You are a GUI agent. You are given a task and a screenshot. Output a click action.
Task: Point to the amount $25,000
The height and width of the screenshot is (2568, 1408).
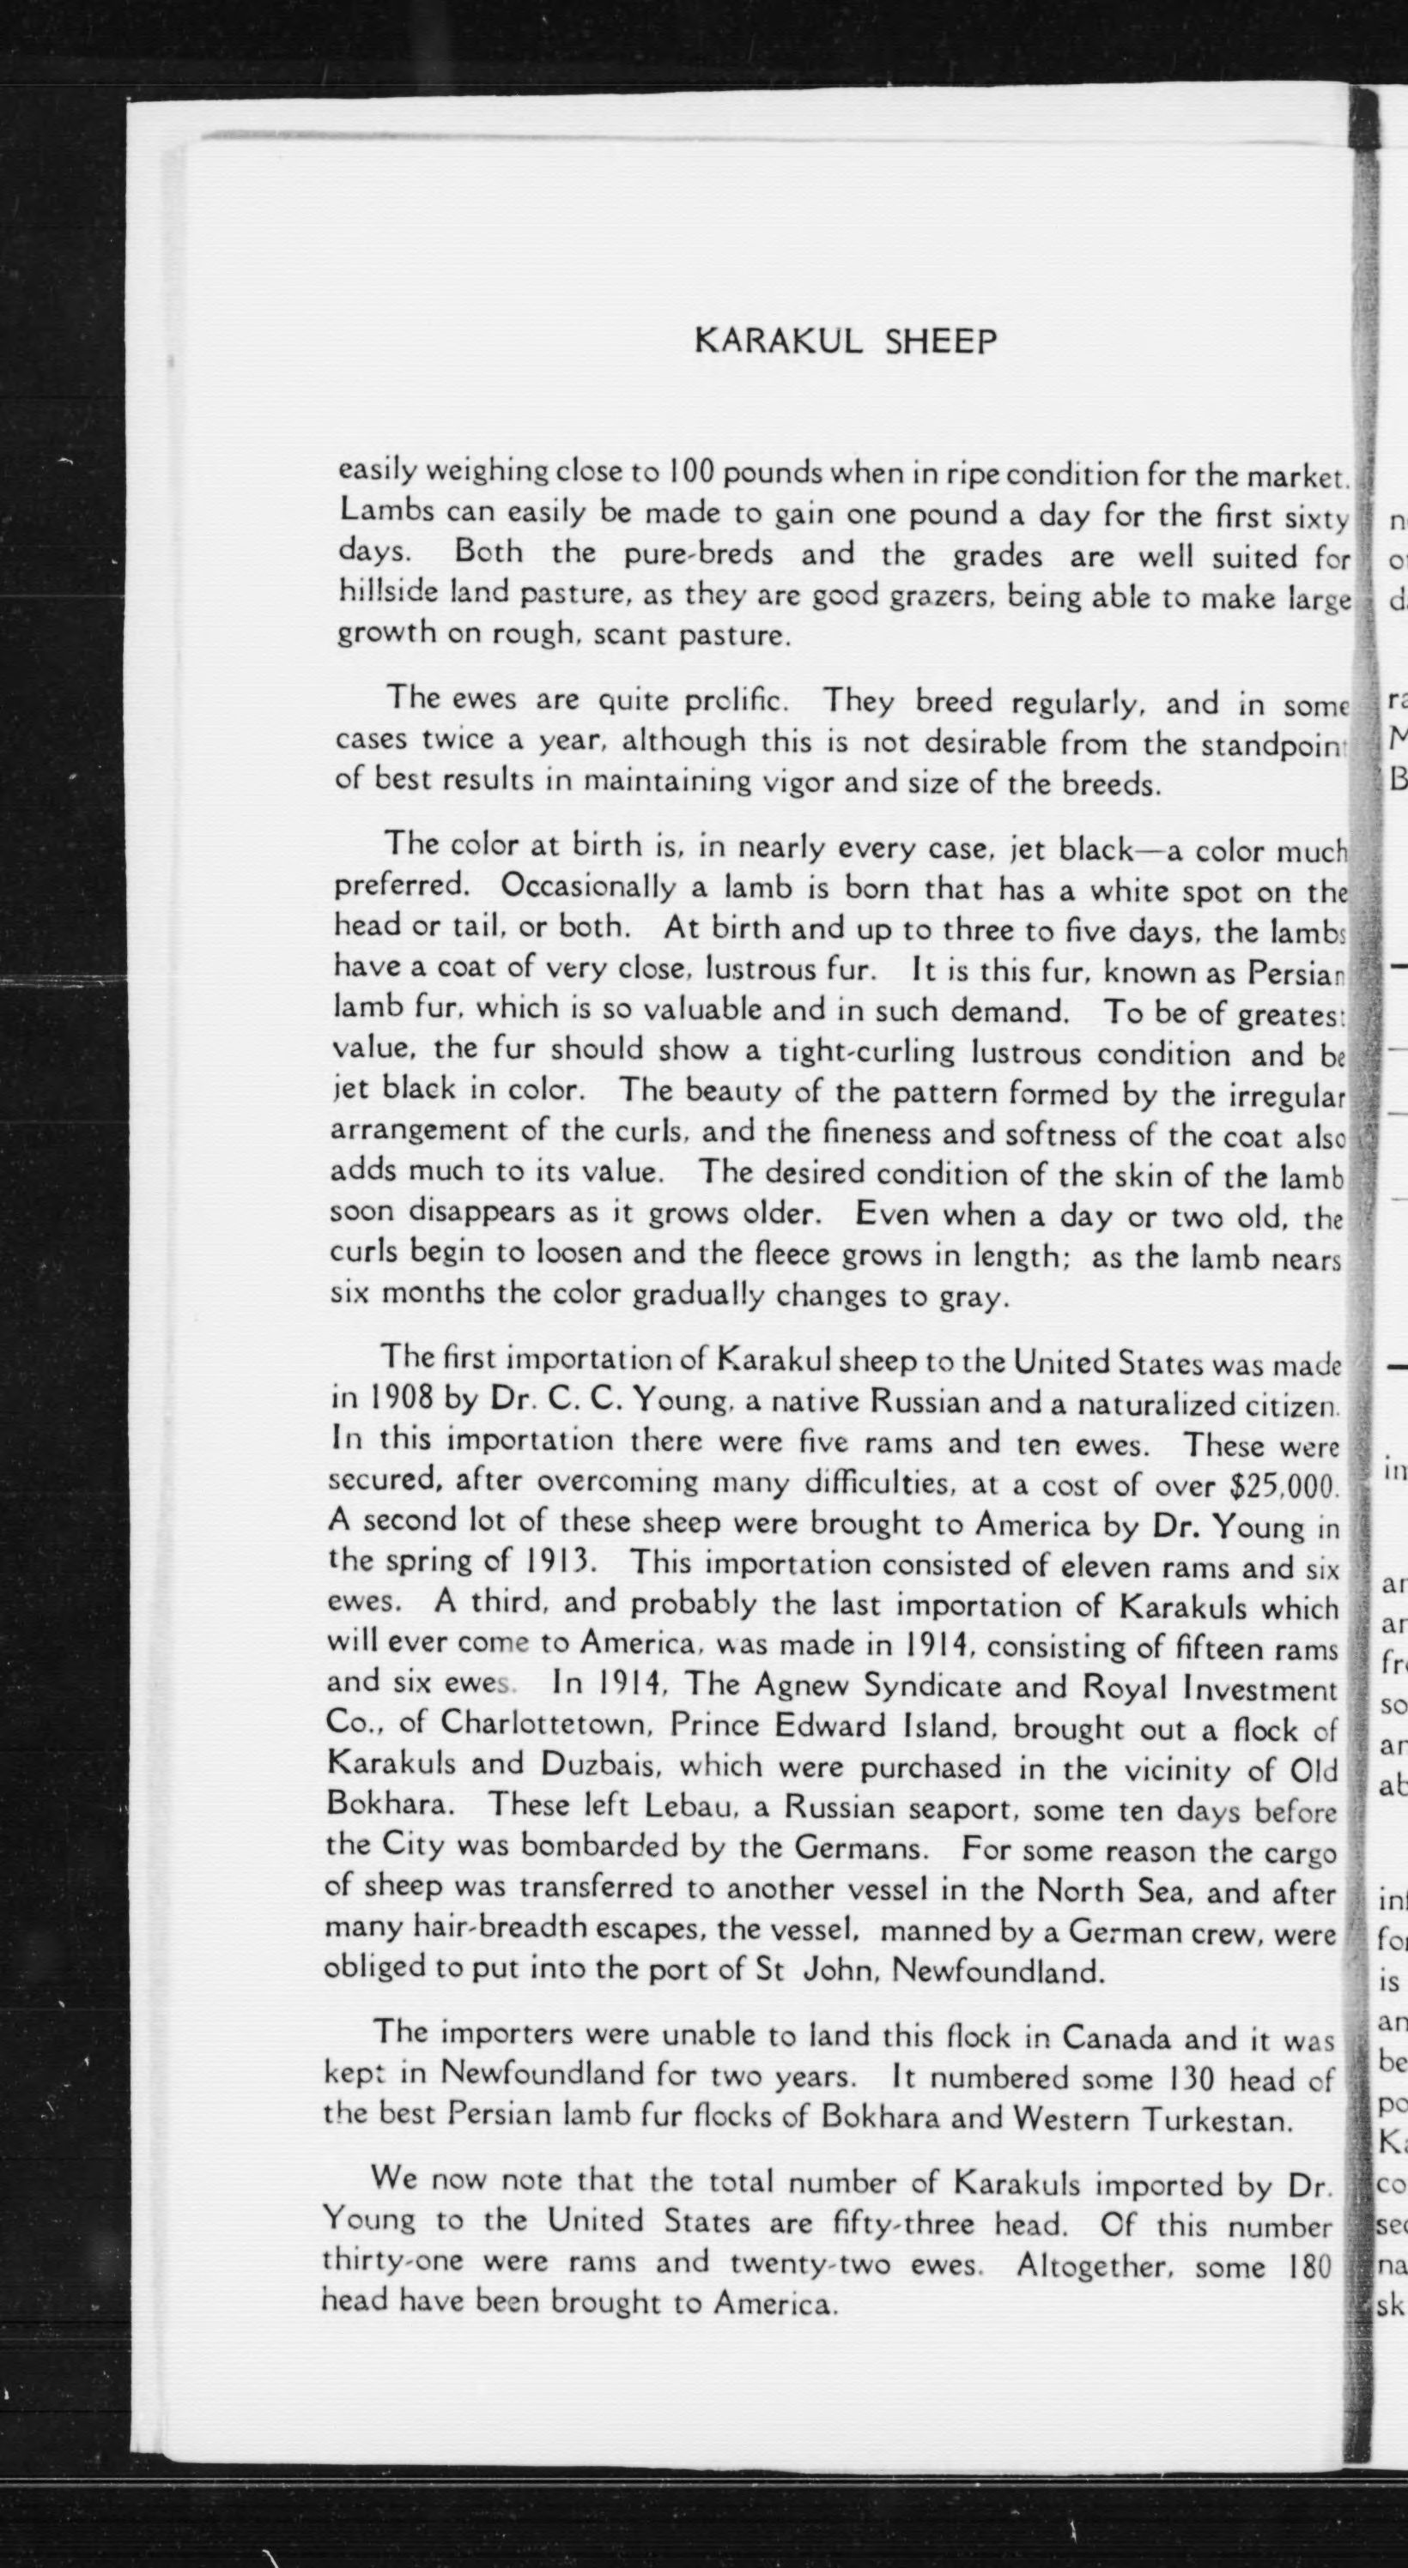tap(1283, 1486)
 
